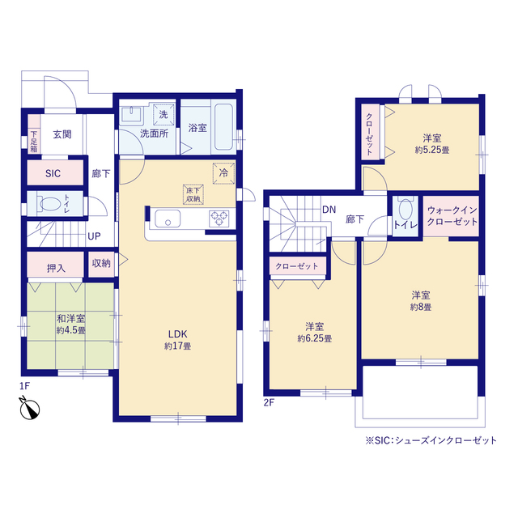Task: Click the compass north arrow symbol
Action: point(29,408)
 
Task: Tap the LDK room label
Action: point(178,334)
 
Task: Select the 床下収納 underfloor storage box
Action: point(193,194)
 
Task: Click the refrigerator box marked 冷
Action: point(223,173)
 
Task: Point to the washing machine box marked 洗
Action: point(163,115)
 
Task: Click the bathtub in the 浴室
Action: point(224,127)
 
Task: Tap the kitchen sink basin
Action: point(168,219)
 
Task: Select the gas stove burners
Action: point(219,218)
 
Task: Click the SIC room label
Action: point(53,173)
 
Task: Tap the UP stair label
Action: point(94,236)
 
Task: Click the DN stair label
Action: point(329,210)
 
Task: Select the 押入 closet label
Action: point(56,268)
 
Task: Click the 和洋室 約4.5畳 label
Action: point(71,325)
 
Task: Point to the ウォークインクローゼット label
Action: point(452,216)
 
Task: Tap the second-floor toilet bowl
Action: point(405,210)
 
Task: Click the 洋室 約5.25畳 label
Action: point(432,144)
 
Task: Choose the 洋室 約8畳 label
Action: point(421,301)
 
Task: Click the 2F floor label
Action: point(269,403)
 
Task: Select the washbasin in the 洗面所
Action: point(132,114)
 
